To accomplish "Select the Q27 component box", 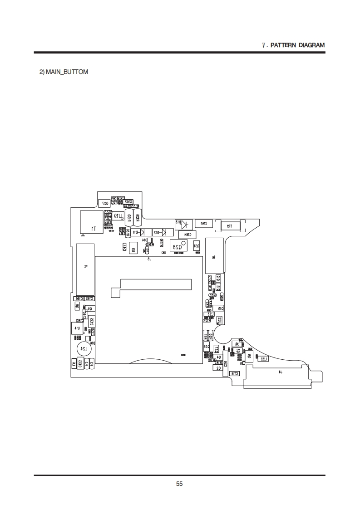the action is click(104, 203).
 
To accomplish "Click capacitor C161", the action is click(203, 223).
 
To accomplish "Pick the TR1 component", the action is click(230, 225).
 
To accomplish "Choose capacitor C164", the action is click(187, 234).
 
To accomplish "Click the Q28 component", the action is click(178, 245).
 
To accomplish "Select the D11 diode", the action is click(135, 232).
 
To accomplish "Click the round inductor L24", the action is click(83, 349).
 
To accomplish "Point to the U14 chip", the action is click(76, 328).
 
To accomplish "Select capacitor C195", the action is click(89, 298).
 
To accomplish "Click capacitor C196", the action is click(78, 298).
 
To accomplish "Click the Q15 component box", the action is click(220, 308).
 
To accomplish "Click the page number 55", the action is click(179, 484).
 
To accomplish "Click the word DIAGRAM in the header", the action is click(311, 45).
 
